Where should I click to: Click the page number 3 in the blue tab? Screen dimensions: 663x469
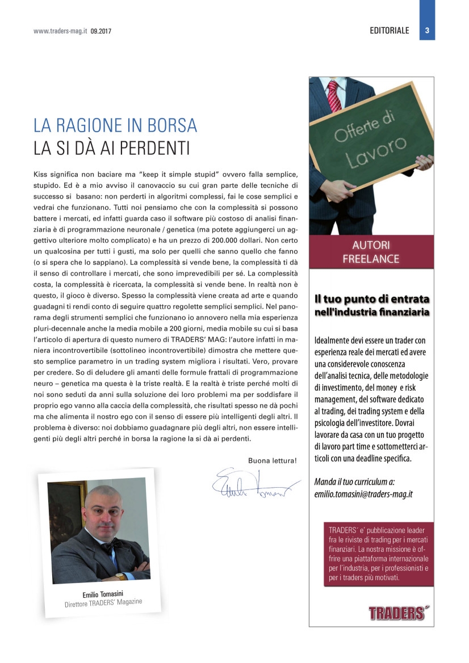click(426, 31)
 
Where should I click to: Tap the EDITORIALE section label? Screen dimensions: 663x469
click(389, 31)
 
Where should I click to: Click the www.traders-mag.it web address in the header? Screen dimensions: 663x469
click(60, 31)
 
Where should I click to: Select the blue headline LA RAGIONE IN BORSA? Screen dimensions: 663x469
click(115, 125)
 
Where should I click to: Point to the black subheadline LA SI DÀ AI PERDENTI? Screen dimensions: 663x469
click(111, 149)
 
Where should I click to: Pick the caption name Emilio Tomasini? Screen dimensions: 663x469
click(99, 594)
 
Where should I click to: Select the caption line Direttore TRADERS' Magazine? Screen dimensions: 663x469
click(103, 603)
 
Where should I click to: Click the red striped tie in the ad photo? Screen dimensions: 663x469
click(334, 95)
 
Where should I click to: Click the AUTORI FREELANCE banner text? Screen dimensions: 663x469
click(371, 252)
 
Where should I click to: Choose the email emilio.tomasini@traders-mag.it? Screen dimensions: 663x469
click(363, 494)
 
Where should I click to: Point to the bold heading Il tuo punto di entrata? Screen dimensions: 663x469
click(372, 298)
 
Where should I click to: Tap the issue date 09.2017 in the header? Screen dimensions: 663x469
click(101, 31)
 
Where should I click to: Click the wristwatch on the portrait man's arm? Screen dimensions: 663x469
click(121, 576)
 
